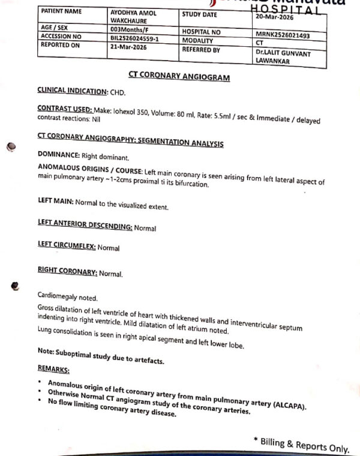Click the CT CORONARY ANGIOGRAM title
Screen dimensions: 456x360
pyautogui.click(x=171, y=77)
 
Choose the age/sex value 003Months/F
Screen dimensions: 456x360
pyautogui.click(x=130, y=29)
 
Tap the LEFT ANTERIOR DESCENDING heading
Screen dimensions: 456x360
pyautogui.click(x=85, y=227)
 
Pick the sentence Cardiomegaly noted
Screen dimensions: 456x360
pyautogui.click(x=67, y=297)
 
